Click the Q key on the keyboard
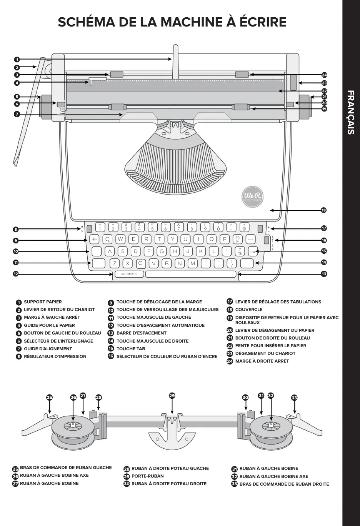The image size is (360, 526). coord(107,239)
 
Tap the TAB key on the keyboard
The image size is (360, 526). coord(253,252)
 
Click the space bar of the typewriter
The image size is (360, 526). coord(190,274)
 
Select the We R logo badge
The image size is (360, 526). coord(253,196)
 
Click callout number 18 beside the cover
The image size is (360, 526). coord(324,210)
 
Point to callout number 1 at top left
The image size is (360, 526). coord(17,60)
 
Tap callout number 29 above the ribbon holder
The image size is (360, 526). coord(172,396)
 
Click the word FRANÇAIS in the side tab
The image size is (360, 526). coord(350,112)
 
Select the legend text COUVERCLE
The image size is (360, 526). coord(249,310)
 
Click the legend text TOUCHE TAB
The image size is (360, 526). coord(131,349)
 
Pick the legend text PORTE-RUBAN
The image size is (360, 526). coord(148,476)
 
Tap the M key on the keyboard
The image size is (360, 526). coord(193,263)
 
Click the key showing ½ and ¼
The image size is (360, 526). coord(238,239)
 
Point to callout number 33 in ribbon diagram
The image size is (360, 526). coord(294,398)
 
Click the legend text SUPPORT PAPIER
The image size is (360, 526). coord(43,302)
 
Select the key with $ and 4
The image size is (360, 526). coord(139,227)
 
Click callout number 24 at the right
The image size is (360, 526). coord(324,75)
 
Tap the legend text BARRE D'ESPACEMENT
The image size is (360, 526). coord(142,333)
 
